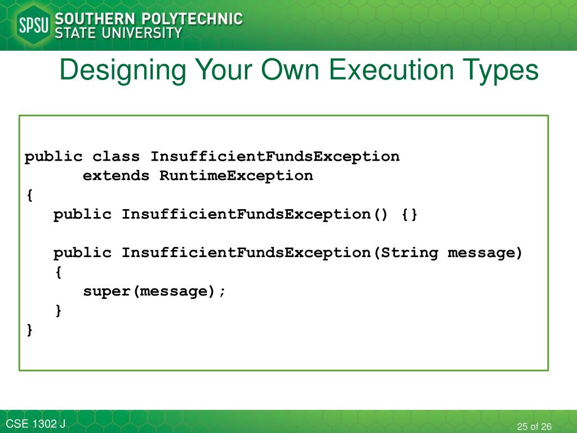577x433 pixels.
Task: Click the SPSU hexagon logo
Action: [33, 26]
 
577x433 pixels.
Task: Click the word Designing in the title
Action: [123, 71]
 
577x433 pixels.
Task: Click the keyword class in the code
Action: [116, 157]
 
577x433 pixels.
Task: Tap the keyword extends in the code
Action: [116, 176]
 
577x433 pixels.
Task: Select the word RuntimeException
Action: [236, 176]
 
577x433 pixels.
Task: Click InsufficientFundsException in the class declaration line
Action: [275, 157]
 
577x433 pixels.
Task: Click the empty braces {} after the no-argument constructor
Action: [410, 214]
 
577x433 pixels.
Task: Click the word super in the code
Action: [107, 291]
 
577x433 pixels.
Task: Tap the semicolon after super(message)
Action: [222, 291]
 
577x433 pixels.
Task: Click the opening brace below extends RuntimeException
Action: [29, 195]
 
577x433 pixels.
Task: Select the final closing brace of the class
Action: [29, 330]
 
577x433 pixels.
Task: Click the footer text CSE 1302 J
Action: [35, 424]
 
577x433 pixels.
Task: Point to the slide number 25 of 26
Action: [534, 426]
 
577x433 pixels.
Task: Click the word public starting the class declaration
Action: [54, 157]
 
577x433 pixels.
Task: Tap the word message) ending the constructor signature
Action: [485, 253]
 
